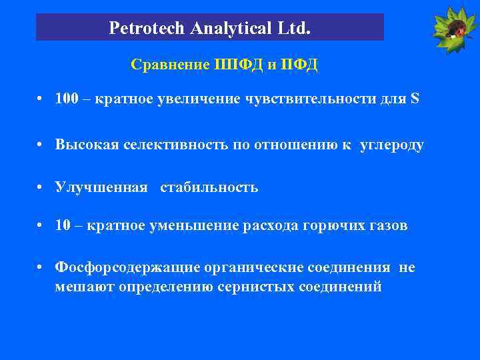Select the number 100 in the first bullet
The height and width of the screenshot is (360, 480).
click(x=67, y=99)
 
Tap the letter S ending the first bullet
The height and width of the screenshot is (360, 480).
click(x=415, y=99)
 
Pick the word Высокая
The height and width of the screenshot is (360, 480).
click(x=87, y=145)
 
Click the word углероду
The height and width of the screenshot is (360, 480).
click(x=391, y=146)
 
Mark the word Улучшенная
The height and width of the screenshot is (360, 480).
click(x=101, y=187)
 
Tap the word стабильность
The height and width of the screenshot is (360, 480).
click(x=209, y=187)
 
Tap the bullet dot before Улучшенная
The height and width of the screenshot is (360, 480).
click(x=41, y=187)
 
